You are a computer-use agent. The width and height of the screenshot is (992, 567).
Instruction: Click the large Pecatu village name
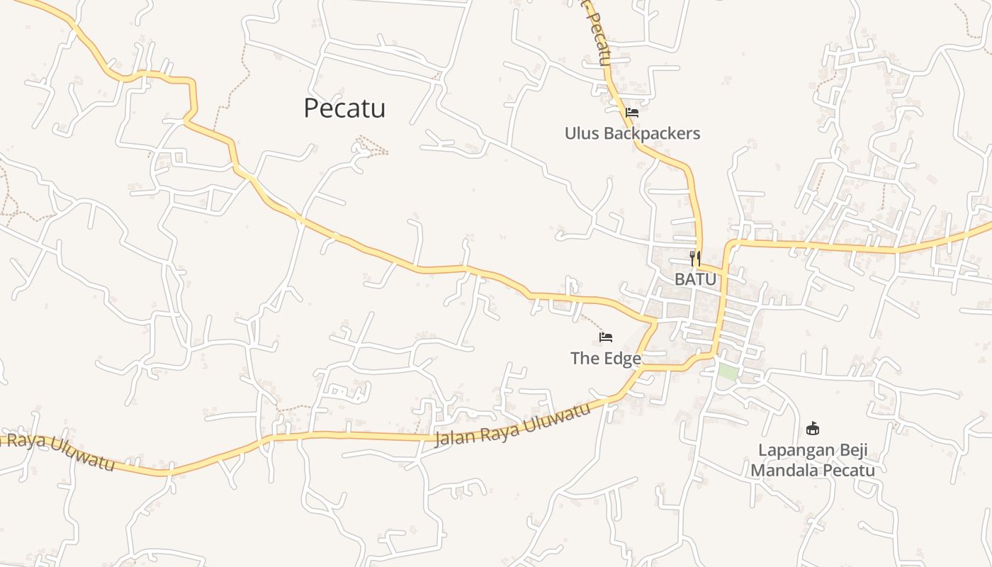(x=344, y=108)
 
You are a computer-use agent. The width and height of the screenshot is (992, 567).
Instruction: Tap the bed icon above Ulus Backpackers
(x=632, y=112)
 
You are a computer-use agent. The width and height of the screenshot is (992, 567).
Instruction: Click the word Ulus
(x=582, y=133)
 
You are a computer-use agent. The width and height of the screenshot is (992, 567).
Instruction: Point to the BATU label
(x=695, y=279)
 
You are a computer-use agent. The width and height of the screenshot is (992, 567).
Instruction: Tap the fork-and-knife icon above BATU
(x=695, y=258)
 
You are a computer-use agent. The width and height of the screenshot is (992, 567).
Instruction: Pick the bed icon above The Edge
(x=606, y=337)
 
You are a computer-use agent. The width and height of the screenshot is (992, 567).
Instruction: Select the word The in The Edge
(x=585, y=359)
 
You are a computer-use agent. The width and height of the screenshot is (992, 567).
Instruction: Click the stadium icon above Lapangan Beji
(x=813, y=428)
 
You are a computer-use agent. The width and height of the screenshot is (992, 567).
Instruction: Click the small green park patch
(x=727, y=371)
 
